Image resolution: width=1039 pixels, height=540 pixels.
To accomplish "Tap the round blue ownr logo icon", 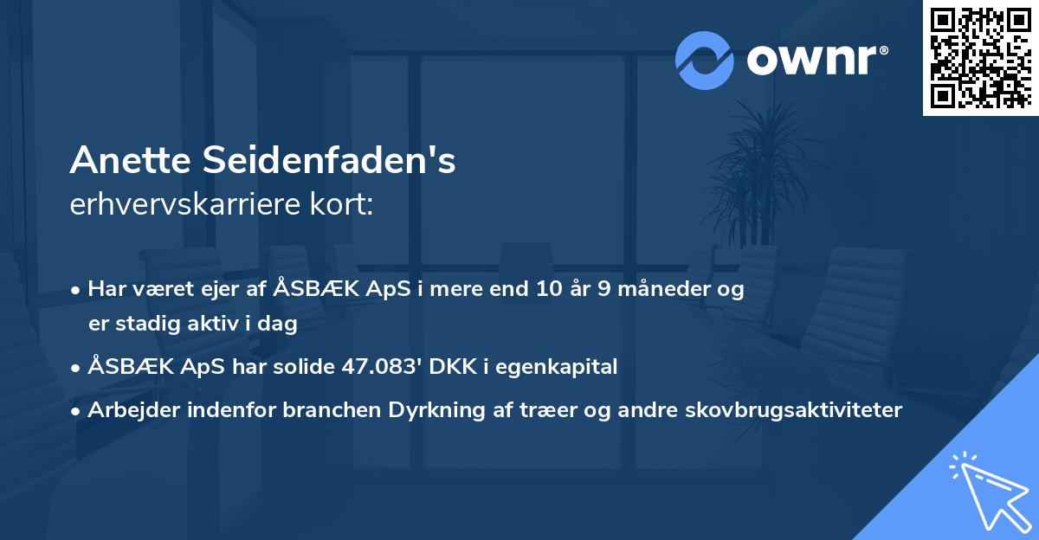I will click(704, 61).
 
